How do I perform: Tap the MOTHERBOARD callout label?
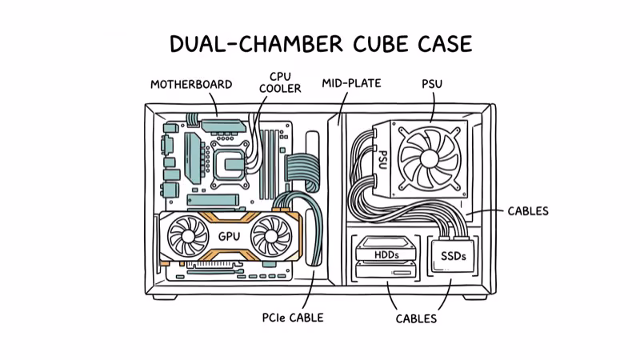tap(191, 84)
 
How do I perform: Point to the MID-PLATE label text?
tap(351, 83)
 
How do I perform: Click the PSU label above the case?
tap(433, 83)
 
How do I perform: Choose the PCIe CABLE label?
tap(293, 318)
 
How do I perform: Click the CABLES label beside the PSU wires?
tap(528, 211)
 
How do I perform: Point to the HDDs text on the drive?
tap(386, 255)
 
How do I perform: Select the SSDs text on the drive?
tap(453, 256)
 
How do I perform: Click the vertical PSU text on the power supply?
tap(382, 160)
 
